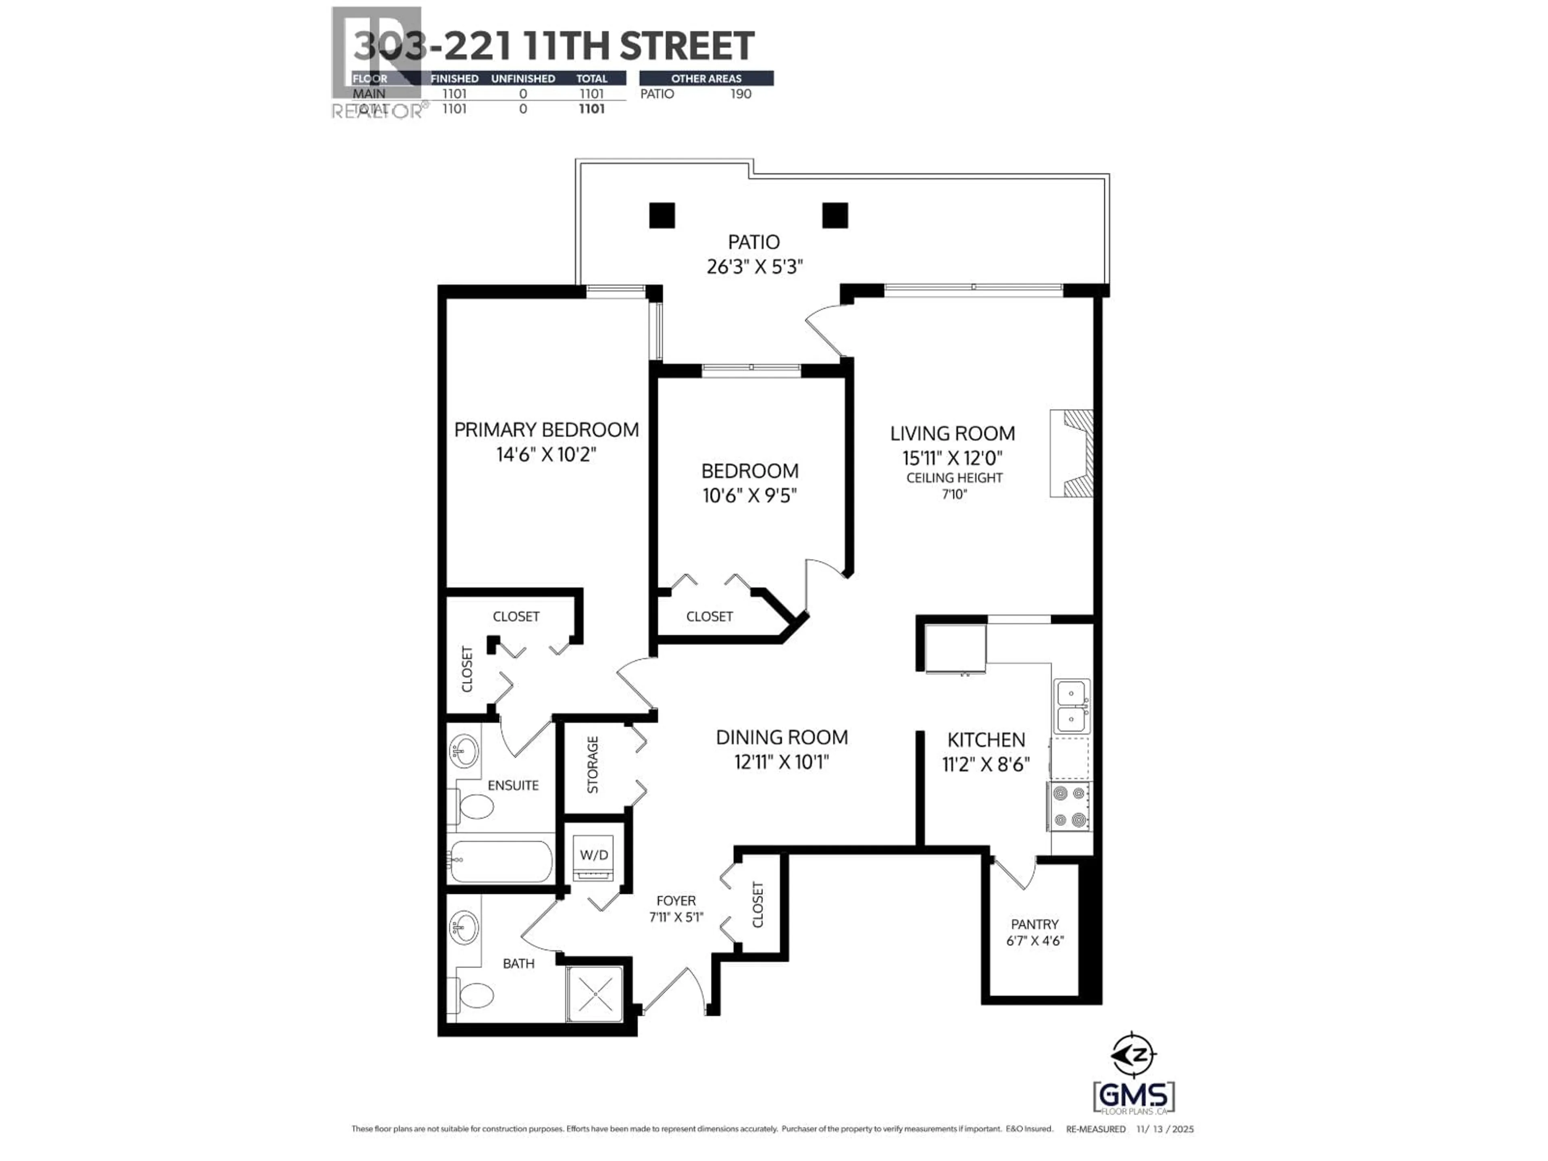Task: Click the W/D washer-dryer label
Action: (x=593, y=855)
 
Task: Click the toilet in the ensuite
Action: (x=475, y=806)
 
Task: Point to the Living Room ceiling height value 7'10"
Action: (x=954, y=494)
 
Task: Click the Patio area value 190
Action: (x=741, y=94)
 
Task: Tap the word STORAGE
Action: (x=593, y=765)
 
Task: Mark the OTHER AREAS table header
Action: (x=706, y=78)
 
